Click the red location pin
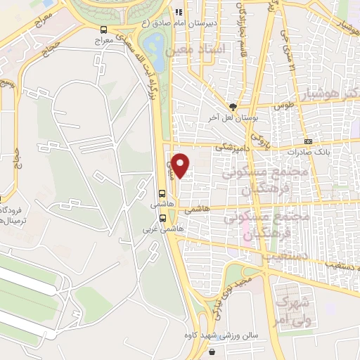pos(181,165)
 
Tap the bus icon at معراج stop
pos(104,30)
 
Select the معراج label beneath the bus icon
pos(104,41)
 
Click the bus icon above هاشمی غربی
pos(163,217)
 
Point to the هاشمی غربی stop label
pos(160,229)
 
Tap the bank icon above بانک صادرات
pos(308,141)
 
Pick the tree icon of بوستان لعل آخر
pos(232,106)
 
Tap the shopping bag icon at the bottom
pos(210,353)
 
